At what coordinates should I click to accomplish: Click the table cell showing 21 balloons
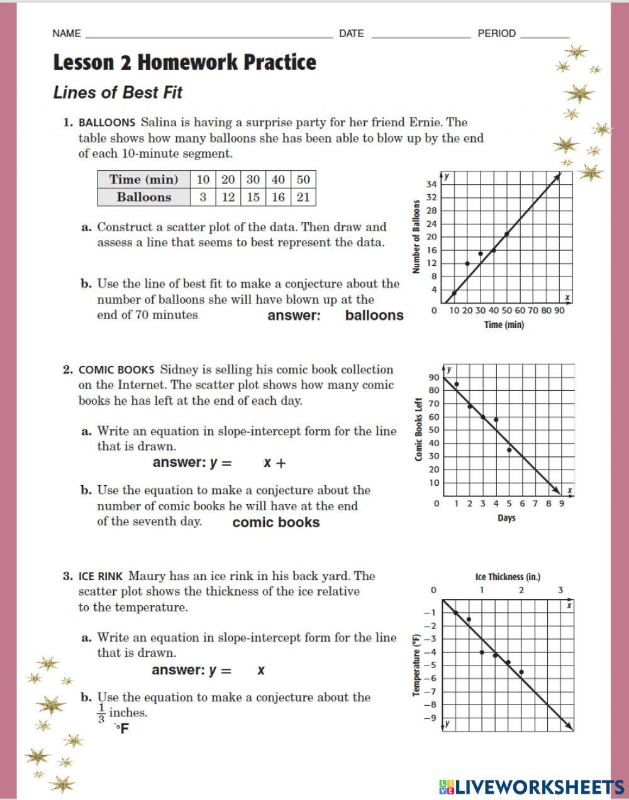coord(303,197)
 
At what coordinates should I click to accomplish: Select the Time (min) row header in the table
coord(143,179)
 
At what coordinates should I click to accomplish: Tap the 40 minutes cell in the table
coord(278,179)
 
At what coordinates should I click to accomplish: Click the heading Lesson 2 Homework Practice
coord(184,62)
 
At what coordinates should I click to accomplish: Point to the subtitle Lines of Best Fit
coord(118,92)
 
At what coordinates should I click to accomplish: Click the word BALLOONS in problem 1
coord(107,123)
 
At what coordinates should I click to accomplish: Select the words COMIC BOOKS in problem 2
coord(116,370)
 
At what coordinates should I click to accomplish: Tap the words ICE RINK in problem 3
coord(101,576)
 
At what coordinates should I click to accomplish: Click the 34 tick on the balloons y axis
coord(431,184)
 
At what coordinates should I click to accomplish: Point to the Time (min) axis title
coord(504,325)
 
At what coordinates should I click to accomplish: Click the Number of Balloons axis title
coord(416,237)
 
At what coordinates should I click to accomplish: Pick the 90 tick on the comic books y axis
coord(434,377)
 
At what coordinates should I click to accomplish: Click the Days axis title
coord(506,518)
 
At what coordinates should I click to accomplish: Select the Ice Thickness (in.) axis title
coord(508,576)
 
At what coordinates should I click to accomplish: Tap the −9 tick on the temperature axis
coord(430,718)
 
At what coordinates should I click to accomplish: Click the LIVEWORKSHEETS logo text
coord(532,786)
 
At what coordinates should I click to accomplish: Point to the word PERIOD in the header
coord(496,33)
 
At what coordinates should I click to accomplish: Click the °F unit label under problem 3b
coord(121,728)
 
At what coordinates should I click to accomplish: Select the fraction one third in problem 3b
coord(101,713)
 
